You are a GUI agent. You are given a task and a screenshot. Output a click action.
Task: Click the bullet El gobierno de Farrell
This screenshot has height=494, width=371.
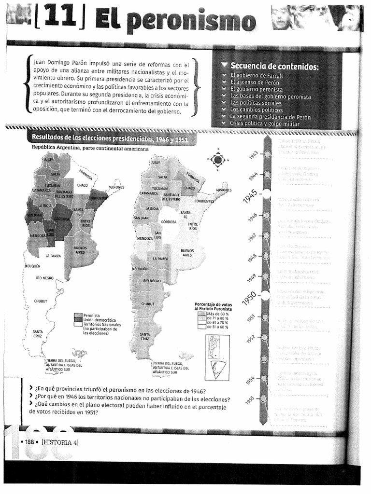click(x=257, y=75)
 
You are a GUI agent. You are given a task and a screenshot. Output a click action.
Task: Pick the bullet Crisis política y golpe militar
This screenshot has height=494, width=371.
click(x=264, y=123)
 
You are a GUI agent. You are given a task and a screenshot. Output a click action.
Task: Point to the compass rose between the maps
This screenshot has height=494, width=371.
click(x=218, y=159)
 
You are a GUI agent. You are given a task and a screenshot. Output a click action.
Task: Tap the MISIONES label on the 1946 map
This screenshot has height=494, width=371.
click(x=115, y=187)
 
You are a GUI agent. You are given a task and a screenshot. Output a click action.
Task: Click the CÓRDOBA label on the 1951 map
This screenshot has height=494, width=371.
click(x=169, y=222)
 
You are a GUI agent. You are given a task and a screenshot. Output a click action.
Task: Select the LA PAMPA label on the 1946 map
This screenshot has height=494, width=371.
click(x=53, y=256)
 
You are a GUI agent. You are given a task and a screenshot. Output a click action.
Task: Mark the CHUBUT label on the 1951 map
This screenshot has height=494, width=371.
click(x=148, y=304)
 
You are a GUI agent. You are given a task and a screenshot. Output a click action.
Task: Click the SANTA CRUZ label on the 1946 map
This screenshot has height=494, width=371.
click(x=37, y=333)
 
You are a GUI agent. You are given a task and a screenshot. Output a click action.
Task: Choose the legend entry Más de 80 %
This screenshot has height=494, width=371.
click(x=217, y=314)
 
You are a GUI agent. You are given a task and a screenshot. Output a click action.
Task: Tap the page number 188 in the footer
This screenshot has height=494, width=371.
click(x=29, y=442)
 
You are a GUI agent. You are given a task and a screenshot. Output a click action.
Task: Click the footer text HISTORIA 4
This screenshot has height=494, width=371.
click(x=60, y=442)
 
